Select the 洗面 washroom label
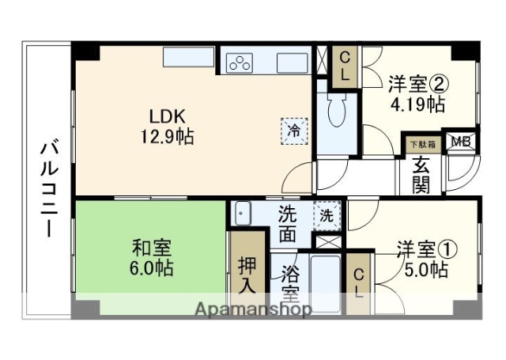click(289, 223)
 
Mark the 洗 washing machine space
click(325, 214)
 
